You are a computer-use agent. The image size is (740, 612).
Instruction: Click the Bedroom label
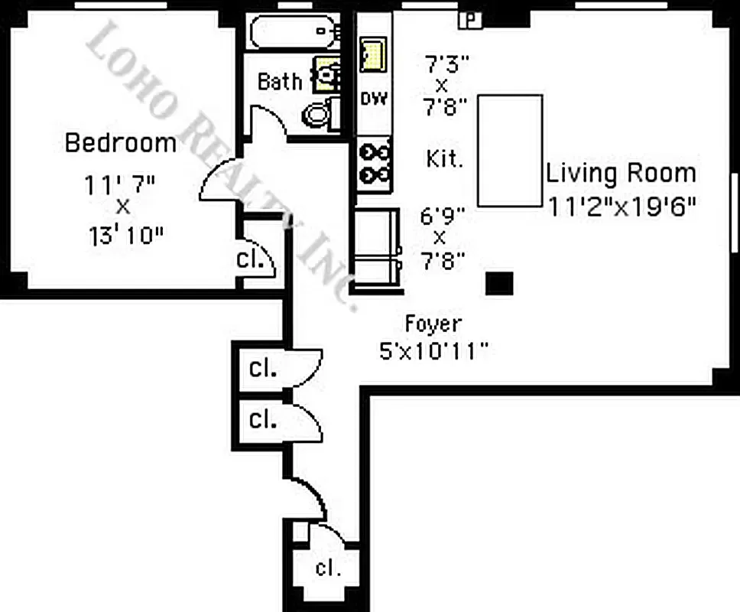121,143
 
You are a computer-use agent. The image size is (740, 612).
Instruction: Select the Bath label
279,81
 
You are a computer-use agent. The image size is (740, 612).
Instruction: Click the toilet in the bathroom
316,115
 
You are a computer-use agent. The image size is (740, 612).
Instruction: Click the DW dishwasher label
374,99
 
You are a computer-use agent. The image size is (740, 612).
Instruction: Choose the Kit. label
444,159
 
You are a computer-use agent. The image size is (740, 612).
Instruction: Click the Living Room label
621,173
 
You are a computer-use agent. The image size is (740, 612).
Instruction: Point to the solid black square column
500,283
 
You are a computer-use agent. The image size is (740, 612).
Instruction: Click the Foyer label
433,324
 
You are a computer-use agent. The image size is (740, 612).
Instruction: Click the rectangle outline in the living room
510,150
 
